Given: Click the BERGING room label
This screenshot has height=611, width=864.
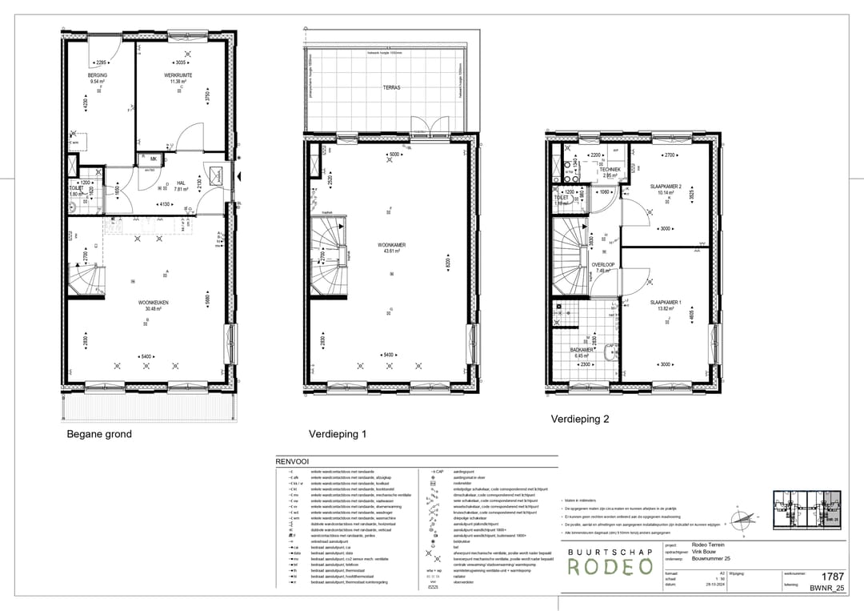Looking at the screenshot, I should (x=98, y=74).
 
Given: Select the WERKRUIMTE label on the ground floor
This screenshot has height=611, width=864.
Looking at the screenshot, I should (x=178, y=74).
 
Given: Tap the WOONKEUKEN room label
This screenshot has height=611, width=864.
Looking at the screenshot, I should (x=153, y=303).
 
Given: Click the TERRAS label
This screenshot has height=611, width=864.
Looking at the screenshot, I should (x=390, y=87).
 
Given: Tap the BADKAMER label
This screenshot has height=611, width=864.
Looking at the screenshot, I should (x=581, y=350).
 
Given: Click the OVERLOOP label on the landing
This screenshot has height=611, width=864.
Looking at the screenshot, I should (x=602, y=264).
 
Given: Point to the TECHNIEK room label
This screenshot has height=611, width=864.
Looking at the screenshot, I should (x=611, y=170).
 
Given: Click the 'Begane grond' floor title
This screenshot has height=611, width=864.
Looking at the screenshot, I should (x=99, y=434).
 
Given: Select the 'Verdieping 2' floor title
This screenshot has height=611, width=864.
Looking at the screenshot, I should (x=579, y=419).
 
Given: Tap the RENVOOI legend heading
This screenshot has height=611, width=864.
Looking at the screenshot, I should (x=292, y=462).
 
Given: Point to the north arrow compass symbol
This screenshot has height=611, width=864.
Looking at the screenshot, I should (x=742, y=519).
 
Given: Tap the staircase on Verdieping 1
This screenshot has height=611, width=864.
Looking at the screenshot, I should (x=330, y=258).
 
